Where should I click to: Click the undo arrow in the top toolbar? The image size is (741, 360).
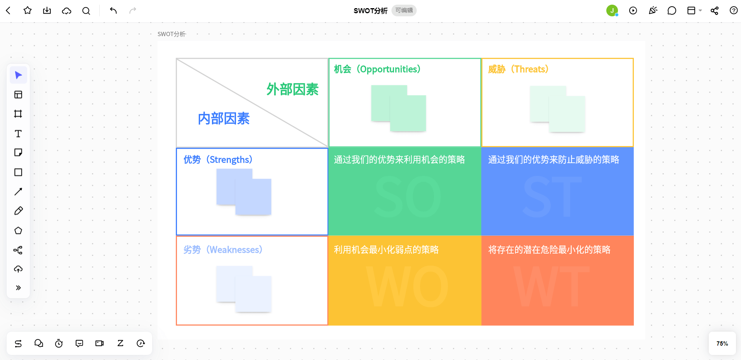pyautogui.click(x=113, y=10)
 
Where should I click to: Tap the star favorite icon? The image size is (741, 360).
pyautogui.click(x=28, y=10)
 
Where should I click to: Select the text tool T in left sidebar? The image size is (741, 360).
pyautogui.click(x=18, y=134)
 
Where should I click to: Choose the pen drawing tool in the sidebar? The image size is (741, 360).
pyautogui.click(x=18, y=211)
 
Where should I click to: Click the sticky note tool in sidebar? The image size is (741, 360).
pyautogui.click(x=18, y=153)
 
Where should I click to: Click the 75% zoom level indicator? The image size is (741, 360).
pyautogui.click(x=722, y=344)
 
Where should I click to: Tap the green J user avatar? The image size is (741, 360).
pyautogui.click(x=612, y=10)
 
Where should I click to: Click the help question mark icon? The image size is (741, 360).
pyautogui.click(x=734, y=10)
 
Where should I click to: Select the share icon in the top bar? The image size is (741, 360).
pyautogui.click(x=715, y=10)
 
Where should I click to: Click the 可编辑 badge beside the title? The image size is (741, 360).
pyautogui.click(x=404, y=10)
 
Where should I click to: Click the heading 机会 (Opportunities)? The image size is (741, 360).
pyautogui.click(x=377, y=69)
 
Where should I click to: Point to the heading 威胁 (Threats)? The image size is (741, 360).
pyautogui.click(x=518, y=69)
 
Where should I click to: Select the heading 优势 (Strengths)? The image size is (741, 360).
pyautogui.click(x=218, y=160)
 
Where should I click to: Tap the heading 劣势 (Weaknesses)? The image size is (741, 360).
pyautogui.click(x=223, y=250)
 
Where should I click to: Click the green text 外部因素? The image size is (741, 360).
pyautogui.click(x=292, y=89)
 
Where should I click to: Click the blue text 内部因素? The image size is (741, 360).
pyautogui.click(x=224, y=118)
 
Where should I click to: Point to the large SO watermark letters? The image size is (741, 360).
pyautogui.click(x=408, y=197)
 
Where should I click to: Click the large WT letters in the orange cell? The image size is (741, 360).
pyautogui.click(x=552, y=287)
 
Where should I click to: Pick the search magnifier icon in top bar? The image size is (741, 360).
pyautogui.click(x=86, y=11)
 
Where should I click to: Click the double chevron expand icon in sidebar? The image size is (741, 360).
pyautogui.click(x=18, y=288)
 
